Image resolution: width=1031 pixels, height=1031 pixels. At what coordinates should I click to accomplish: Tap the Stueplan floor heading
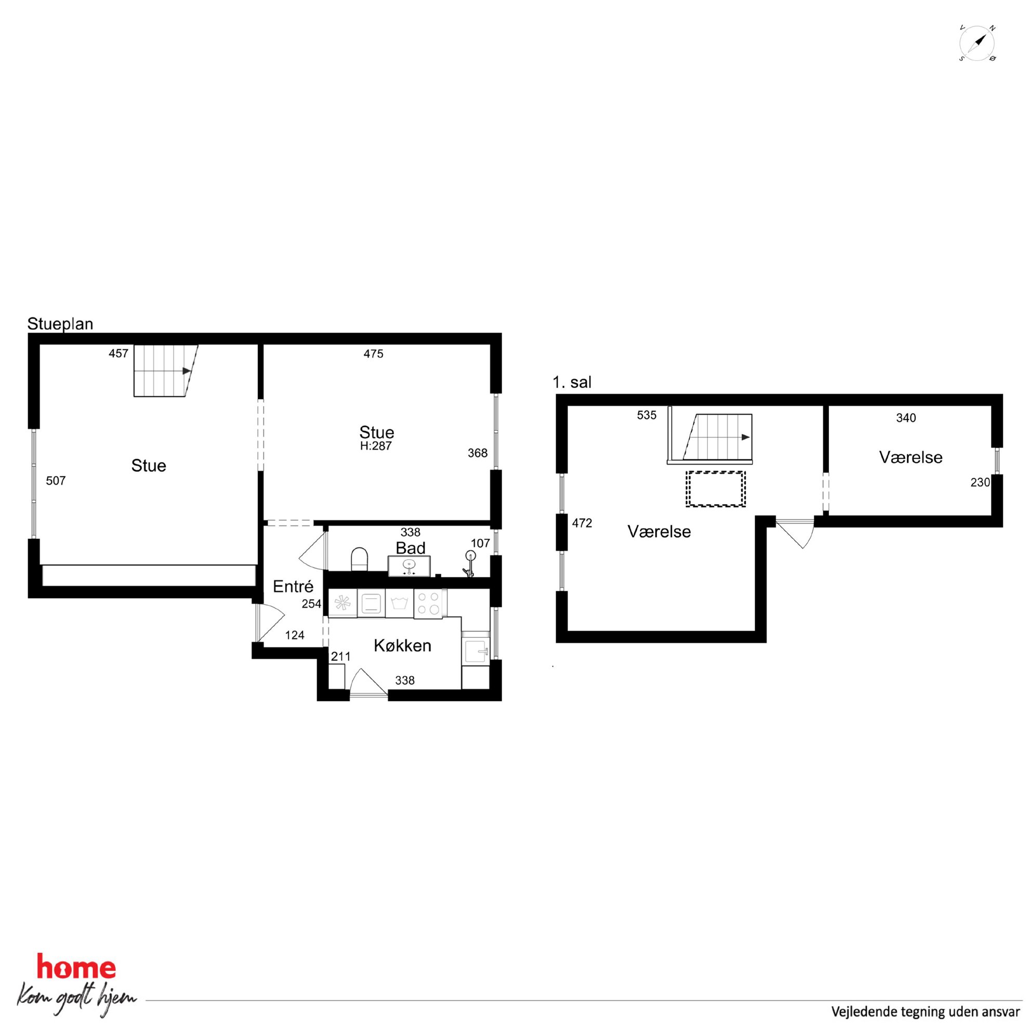(x=60, y=324)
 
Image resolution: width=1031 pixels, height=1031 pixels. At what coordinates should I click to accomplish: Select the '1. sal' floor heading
(x=572, y=382)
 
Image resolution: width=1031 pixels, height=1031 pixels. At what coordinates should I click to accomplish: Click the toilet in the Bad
(x=359, y=559)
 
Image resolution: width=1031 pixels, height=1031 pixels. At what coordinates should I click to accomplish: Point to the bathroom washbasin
(x=409, y=566)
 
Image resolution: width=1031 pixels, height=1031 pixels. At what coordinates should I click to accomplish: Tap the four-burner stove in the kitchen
(x=429, y=604)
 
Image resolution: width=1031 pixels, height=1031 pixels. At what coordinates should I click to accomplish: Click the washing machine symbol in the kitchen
(x=399, y=603)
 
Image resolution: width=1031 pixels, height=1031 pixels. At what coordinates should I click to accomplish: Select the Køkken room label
(x=402, y=646)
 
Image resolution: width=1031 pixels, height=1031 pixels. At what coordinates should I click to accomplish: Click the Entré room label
(x=293, y=587)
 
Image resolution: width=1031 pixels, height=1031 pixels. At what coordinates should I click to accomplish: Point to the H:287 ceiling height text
(x=376, y=446)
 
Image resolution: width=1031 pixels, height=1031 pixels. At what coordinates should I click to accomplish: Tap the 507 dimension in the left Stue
(x=56, y=481)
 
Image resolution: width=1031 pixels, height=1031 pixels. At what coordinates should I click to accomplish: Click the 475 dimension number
(x=374, y=354)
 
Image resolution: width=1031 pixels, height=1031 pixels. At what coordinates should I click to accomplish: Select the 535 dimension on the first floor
(x=646, y=415)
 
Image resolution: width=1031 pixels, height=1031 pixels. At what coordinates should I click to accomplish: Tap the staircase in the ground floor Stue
(x=165, y=371)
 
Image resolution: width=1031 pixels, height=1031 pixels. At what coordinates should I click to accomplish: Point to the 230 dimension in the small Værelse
(x=980, y=482)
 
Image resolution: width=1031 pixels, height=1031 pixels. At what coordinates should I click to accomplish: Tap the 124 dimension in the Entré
(x=295, y=635)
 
